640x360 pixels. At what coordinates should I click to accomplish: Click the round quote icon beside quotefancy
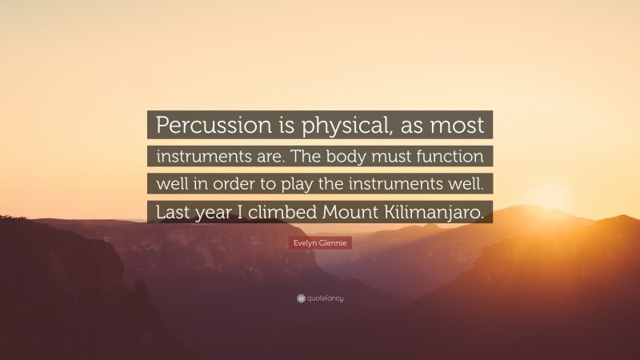(x=300, y=298)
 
